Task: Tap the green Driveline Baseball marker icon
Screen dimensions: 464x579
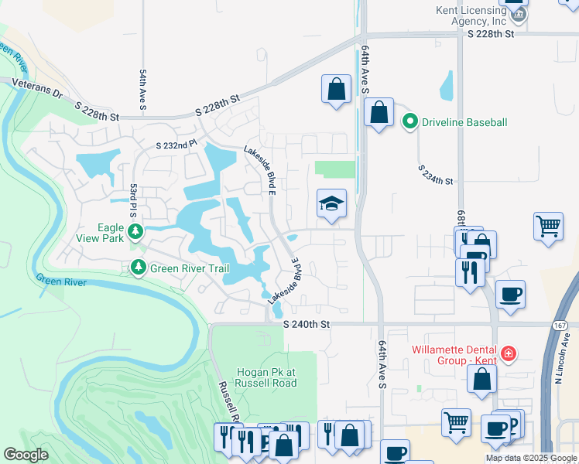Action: tap(409, 121)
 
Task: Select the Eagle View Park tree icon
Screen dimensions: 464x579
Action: tap(135, 231)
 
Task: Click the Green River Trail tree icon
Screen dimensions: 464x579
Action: tap(139, 268)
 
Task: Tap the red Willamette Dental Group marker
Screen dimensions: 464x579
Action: tap(508, 354)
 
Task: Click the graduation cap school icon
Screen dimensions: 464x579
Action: tap(332, 204)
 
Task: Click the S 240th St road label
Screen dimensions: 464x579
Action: tap(307, 325)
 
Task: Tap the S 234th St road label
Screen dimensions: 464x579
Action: tap(435, 176)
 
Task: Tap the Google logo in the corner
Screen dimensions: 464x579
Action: tap(26, 455)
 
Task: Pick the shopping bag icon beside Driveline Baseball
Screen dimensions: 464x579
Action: tap(379, 114)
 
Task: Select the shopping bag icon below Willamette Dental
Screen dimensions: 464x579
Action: tap(481, 380)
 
